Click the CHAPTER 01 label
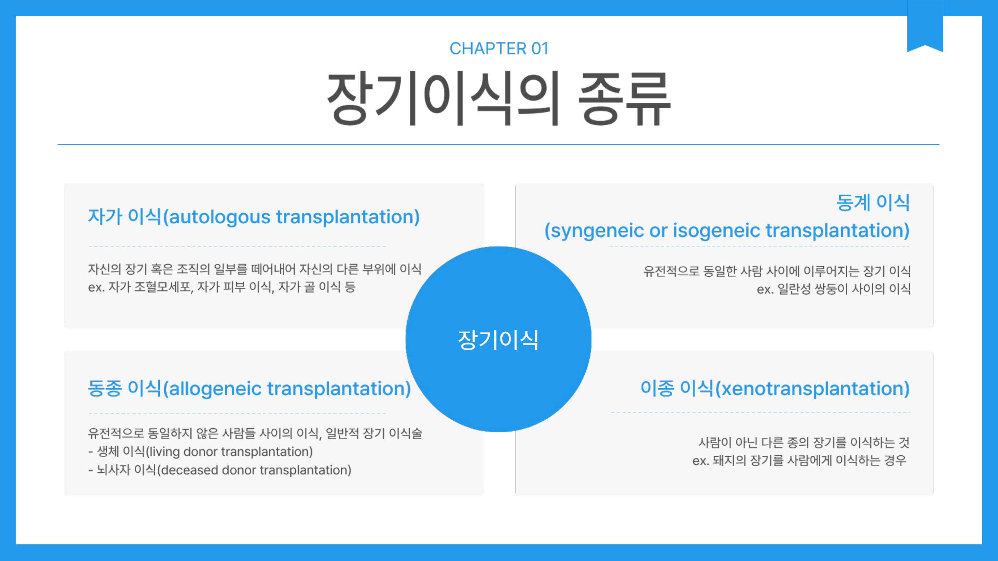499,49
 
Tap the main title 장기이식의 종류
499,99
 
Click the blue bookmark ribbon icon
925,26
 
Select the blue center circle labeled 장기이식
498,339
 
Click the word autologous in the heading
220,217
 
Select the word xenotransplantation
812,388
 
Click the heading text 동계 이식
873,203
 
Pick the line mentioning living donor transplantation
201,452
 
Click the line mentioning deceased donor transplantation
220,470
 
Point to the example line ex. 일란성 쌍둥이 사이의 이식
834,289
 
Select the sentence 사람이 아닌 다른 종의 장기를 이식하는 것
804,442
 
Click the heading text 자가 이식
124,216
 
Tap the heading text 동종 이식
124,388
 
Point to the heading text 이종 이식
677,388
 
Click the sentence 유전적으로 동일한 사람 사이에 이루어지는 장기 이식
777,270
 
